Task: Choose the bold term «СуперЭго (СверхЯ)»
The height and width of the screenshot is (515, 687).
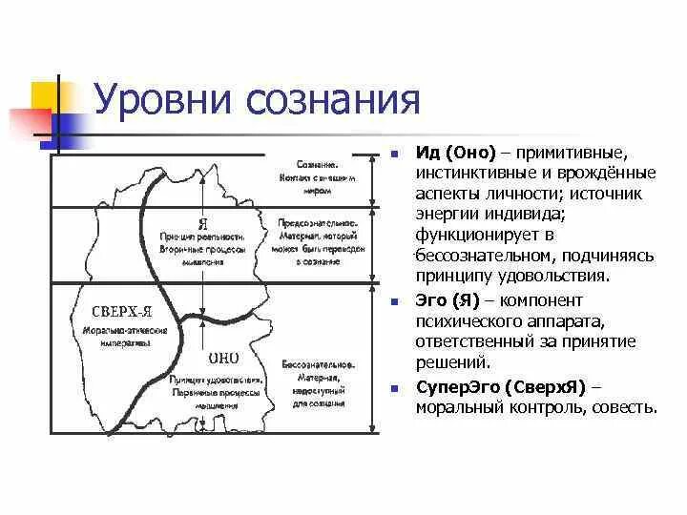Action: pyautogui.click(x=502, y=387)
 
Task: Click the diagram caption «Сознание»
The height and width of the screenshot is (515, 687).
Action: pyautogui.click(x=318, y=164)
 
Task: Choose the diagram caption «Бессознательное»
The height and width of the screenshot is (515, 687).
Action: pyautogui.click(x=319, y=364)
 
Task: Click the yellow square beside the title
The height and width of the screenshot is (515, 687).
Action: pyautogui.click(x=44, y=96)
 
